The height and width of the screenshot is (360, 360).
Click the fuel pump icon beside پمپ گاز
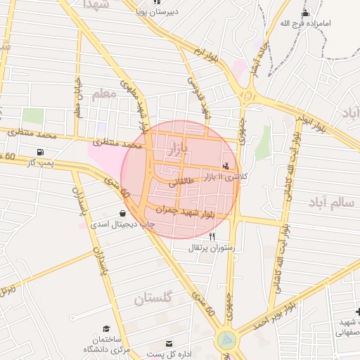click(x=39, y=152)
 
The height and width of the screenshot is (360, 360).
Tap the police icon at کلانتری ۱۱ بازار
click(x=226, y=166)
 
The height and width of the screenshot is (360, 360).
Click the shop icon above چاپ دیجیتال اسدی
click(x=123, y=213)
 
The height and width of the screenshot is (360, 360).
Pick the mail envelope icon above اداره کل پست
click(x=169, y=343)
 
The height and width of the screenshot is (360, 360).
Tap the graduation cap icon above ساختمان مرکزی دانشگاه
click(x=106, y=328)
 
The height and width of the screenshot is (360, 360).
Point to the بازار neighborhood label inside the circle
click(x=179, y=148)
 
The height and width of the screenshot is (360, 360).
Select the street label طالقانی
click(x=180, y=181)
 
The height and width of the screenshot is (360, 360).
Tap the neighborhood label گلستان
click(x=153, y=299)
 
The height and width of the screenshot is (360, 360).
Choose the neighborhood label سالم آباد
click(x=330, y=202)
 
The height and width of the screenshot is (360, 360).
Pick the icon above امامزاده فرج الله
click(x=305, y=13)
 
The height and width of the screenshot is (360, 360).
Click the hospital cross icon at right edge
click(x=356, y=311)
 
